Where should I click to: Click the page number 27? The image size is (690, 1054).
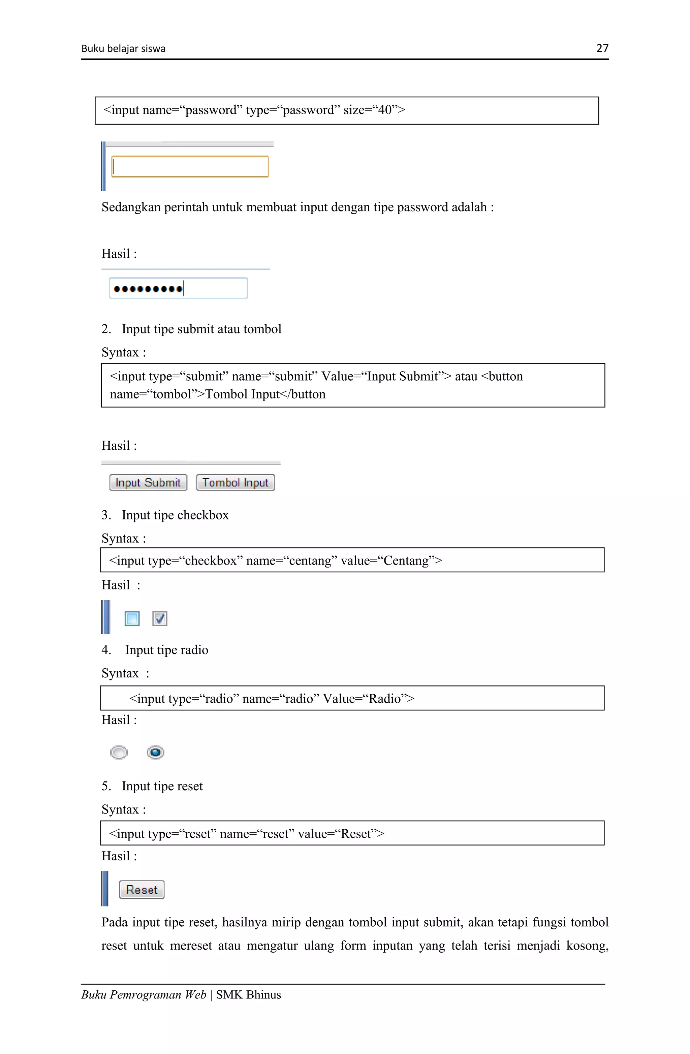point(602,48)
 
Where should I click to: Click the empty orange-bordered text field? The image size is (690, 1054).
point(190,166)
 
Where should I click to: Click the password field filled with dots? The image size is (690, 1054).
point(178,289)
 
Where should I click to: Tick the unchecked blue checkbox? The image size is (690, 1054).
point(132,618)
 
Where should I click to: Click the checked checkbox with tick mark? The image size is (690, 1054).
point(159,618)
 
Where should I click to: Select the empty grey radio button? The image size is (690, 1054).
point(119,752)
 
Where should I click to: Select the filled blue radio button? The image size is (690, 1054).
point(155,752)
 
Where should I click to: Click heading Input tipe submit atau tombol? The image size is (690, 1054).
point(201,329)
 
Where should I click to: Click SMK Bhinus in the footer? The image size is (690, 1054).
point(248,995)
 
